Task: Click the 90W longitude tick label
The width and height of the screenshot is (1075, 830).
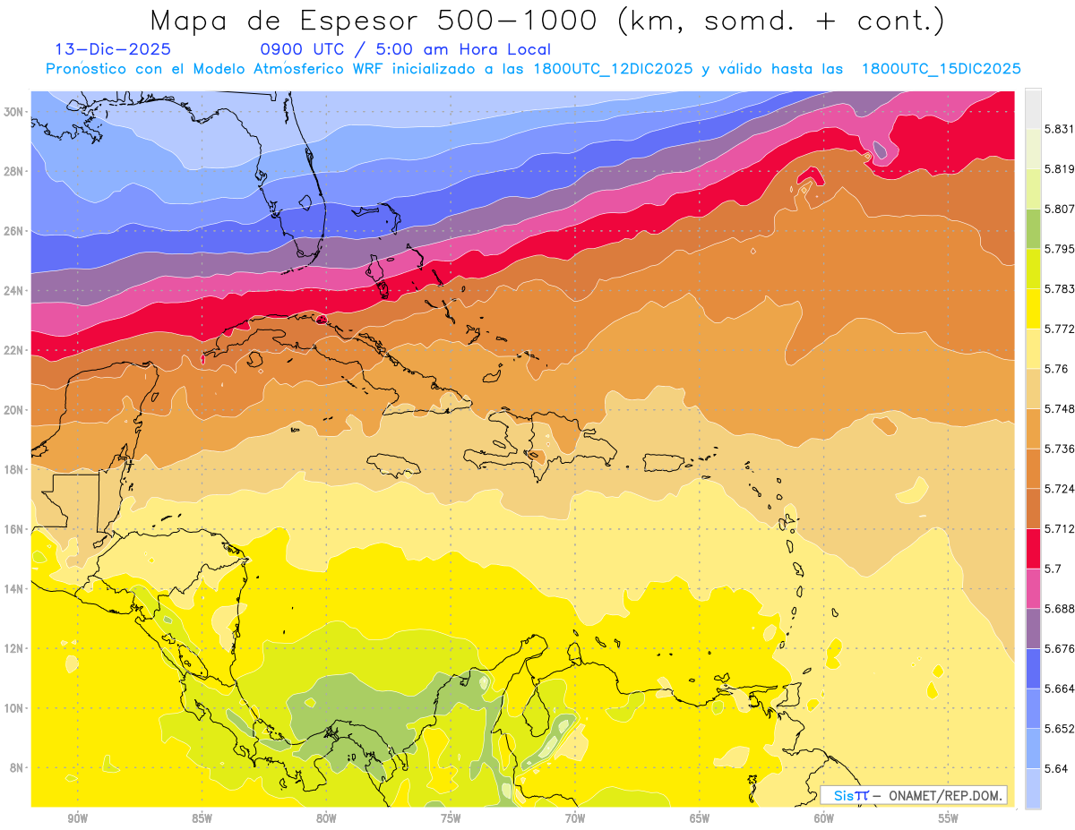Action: click(x=77, y=817)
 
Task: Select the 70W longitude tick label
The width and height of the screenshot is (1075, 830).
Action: click(x=575, y=817)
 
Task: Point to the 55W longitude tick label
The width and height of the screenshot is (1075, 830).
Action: click(x=949, y=817)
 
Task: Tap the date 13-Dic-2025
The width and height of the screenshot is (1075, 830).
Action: click(x=113, y=50)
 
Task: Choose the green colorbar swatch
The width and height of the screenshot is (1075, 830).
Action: click(x=1033, y=230)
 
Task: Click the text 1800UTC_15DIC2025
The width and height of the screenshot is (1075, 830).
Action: click(x=941, y=68)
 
